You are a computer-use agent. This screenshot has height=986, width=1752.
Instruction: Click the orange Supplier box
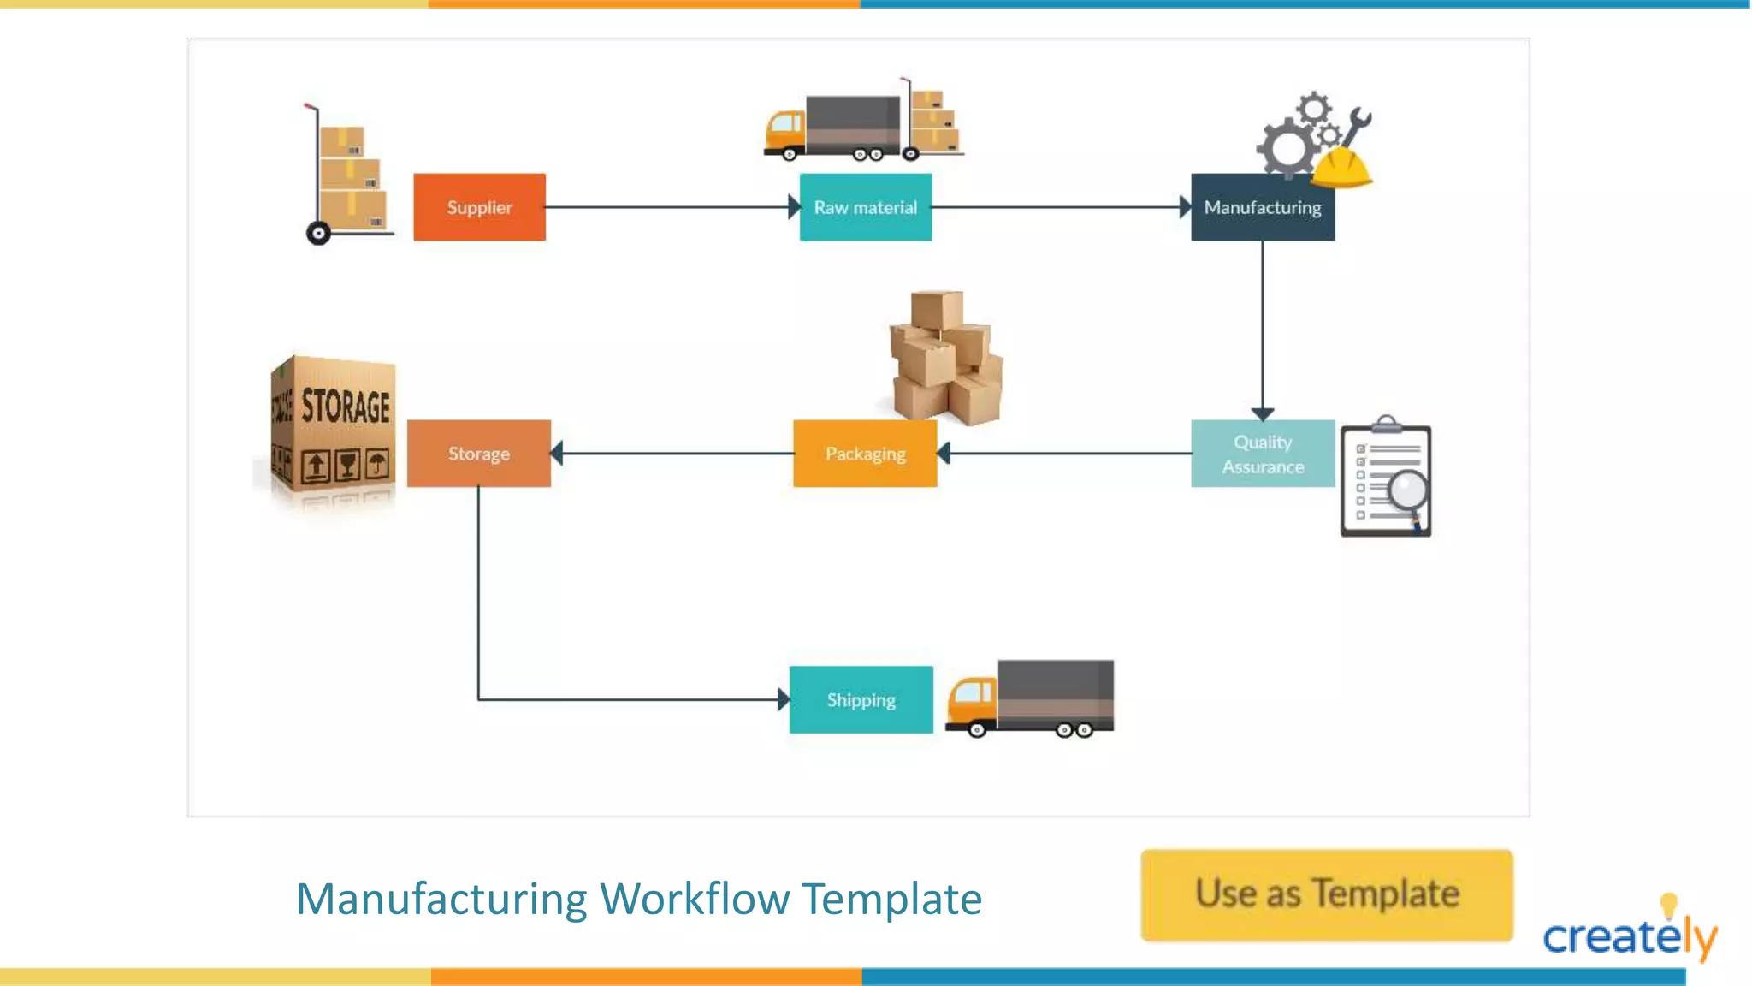[x=479, y=207]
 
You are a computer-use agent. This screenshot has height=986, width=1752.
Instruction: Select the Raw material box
[x=865, y=207]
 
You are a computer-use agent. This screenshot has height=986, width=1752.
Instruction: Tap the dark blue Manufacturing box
[x=1262, y=207]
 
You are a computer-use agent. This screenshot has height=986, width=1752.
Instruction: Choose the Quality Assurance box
[x=1262, y=454]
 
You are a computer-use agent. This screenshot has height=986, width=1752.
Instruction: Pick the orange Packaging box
[x=865, y=454]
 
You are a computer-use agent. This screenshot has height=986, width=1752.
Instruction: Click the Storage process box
[x=478, y=454]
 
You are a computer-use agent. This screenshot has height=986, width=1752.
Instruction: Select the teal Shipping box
[x=861, y=700]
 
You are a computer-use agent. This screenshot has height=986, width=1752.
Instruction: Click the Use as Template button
[x=1326, y=894]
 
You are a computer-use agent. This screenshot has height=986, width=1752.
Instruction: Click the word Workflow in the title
[x=694, y=899]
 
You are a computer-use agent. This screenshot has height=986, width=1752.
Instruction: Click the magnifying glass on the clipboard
[x=1407, y=491]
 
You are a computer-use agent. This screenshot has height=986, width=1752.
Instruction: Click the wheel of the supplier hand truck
[x=318, y=233]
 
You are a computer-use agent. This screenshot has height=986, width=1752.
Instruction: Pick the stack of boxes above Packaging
[x=945, y=359]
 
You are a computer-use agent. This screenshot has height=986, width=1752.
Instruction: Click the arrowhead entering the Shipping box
[x=783, y=699]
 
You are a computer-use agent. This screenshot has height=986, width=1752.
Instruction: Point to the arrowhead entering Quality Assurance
[x=1262, y=414]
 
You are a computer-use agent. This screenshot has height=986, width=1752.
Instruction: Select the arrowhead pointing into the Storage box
[x=558, y=453]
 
